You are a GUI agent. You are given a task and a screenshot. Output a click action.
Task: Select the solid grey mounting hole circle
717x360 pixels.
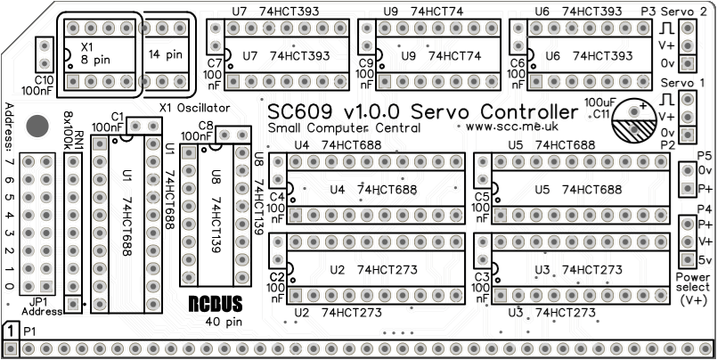pyautogui.click(x=37, y=126)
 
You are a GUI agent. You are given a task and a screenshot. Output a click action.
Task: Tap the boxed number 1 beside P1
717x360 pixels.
pyautogui.click(x=10, y=331)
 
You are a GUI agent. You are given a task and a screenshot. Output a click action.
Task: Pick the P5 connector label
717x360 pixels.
pyautogui.click(x=705, y=155)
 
